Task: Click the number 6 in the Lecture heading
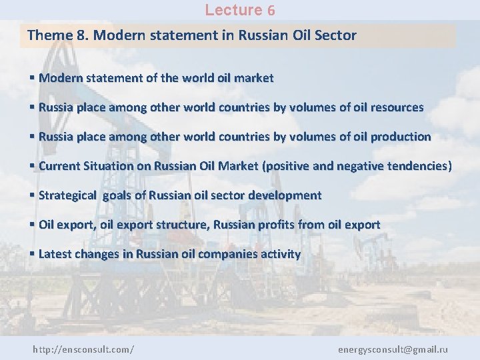271,11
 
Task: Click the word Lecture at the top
234,10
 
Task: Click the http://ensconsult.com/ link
83,349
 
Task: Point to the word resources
395,107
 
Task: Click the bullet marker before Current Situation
33,166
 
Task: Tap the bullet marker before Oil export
33,225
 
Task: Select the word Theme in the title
51,35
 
